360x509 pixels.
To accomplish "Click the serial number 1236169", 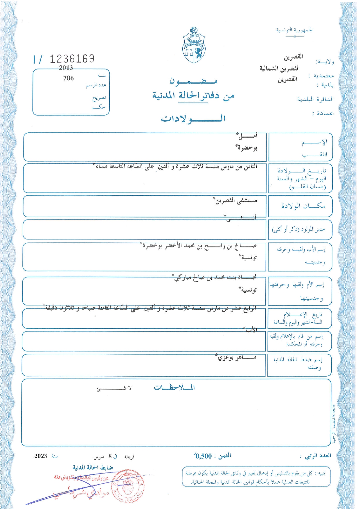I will (x=72, y=59).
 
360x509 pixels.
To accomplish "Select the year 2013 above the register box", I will (x=66, y=68).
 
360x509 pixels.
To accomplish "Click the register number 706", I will (x=69, y=78).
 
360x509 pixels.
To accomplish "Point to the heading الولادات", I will (x=193, y=118).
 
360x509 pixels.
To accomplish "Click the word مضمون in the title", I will (x=193, y=81).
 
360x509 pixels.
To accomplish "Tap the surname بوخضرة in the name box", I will (x=246, y=148).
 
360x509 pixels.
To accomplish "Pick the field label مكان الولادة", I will (x=303, y=206).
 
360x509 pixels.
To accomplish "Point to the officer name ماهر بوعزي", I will (x=237, y=357).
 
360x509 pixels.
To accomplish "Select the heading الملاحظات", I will (x=174, y=387).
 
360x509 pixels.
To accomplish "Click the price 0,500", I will (x=204, y=456).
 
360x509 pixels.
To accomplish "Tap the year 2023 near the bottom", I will (x=41, y=456).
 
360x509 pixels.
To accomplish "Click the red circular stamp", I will (x=128, y=486).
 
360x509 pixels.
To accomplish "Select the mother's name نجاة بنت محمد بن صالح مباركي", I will (x=215, y=278).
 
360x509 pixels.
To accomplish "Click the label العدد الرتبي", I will (x=318, y=456).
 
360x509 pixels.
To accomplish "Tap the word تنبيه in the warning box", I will (x=322, y=474).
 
